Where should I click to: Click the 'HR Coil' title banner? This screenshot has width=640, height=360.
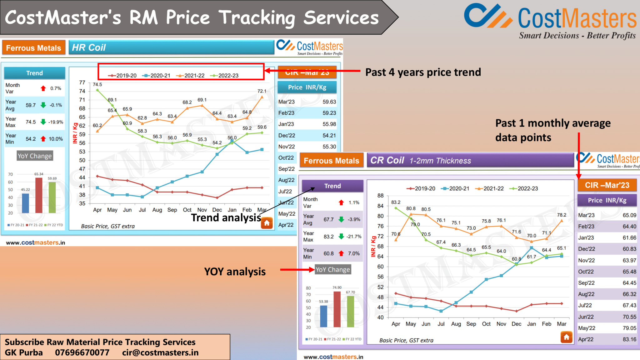coord(171,47)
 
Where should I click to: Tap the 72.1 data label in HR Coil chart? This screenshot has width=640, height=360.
coord(262,91)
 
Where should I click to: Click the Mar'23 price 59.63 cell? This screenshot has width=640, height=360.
coord(329,102)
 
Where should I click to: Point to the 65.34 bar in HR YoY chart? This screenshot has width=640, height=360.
coord(39,195)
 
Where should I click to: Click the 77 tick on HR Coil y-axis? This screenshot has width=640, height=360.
coord(82,82)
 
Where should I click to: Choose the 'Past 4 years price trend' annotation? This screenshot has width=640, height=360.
coord(423,72)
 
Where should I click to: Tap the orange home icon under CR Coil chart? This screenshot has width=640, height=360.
coord(566,337)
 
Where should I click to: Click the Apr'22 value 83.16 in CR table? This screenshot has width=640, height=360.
coord(629,339)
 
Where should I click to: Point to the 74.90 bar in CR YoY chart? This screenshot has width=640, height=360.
coord(337,309)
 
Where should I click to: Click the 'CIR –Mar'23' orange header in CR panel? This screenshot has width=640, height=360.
coord(607,185)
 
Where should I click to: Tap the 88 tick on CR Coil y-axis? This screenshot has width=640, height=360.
coord(380,196)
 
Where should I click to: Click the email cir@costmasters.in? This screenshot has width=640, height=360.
coord(160,352)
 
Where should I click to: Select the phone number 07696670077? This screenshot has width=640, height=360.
coord(82,352)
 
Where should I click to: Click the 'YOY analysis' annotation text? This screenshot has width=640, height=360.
coord(235,272)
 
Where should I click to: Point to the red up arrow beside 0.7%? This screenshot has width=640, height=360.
coord(43,88)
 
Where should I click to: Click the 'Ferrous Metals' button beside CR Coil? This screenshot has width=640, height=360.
coord(331,161)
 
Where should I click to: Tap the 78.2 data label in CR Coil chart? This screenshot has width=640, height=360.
coord(561,215)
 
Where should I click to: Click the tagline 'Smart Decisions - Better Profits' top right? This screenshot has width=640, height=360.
coord(577,36)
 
